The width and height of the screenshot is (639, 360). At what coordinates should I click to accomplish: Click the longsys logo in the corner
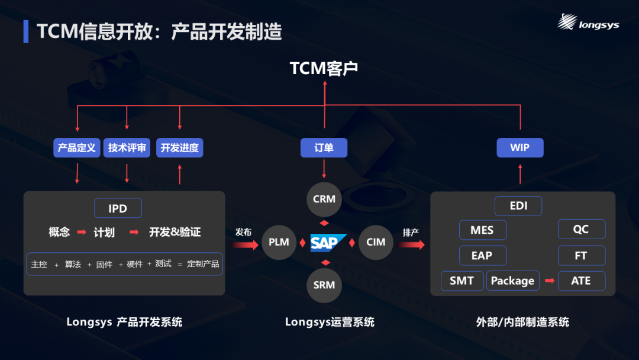(588, 23)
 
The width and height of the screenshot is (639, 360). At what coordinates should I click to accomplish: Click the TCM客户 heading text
(324, 69)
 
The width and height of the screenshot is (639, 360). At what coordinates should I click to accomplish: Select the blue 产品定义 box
(77, 148)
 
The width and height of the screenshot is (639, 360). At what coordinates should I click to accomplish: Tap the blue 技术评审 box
(127, 148)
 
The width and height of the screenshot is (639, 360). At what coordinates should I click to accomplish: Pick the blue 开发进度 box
(180, 148)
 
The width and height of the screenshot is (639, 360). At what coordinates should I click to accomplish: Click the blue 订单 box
(324, 148)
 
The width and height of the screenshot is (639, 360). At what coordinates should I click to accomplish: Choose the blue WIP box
(519, 148)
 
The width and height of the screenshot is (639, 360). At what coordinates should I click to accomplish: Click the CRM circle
(324, 199)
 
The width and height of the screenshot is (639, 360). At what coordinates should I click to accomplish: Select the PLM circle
(279, 242)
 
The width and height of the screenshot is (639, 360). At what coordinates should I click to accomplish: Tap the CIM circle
(376, 242)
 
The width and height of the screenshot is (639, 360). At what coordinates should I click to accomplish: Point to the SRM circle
(324, 285)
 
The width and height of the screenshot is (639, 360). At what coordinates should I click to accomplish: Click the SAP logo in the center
(324, 243)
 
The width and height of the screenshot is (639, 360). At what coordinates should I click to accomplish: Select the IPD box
(118, 208)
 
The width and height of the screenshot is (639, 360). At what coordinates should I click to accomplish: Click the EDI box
(518, 206)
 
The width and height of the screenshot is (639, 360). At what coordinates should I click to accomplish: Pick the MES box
(483, 230)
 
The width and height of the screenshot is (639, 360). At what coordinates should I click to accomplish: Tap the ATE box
(582, 281)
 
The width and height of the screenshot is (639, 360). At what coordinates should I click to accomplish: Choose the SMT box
(462, 281)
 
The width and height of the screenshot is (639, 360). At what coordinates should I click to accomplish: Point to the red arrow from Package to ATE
(549, 281)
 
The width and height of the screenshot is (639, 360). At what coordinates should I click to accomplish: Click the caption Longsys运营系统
(330, 322)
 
